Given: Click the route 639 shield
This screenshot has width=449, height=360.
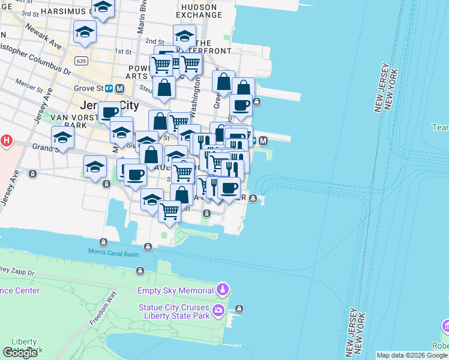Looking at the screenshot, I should click(82, 61).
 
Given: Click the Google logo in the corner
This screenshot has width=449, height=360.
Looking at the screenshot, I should click(20, 353).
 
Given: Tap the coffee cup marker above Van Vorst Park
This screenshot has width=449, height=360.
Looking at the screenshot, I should click(109, 112).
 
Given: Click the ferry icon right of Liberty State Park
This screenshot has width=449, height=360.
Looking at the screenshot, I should click(240, 309).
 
